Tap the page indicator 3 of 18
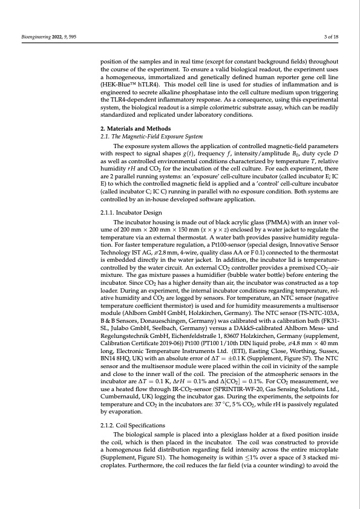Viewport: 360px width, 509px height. click(331, 38)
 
